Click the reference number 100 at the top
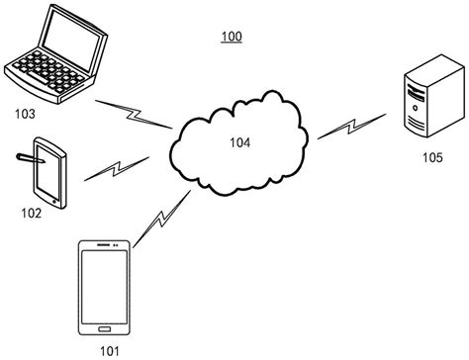click(230, 38)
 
